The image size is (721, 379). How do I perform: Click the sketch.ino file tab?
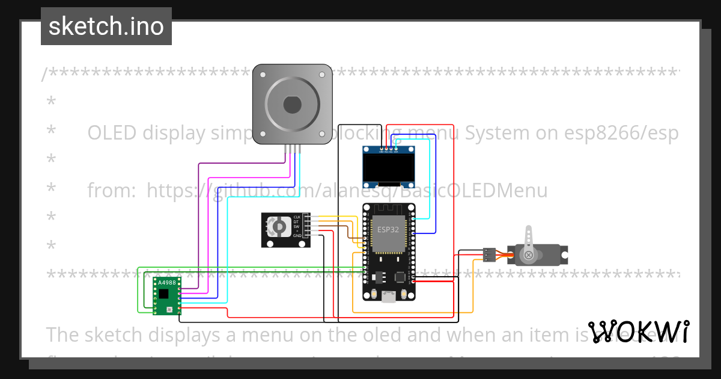[x=106, y=26]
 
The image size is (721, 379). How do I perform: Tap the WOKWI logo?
[x=638, y=331]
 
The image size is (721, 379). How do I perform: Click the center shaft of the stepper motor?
[x=292, y=105]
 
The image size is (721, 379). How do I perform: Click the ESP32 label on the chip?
[x=388, y=230]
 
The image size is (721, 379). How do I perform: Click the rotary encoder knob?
[x=279, y=226]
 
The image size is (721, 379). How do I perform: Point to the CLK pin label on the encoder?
[x=296, y=217]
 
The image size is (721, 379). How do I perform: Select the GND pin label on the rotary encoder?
[x=297, y=236]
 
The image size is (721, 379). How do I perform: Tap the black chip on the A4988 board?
[x=164, y=294]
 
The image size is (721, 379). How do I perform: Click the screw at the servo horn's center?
[x=528, y=255]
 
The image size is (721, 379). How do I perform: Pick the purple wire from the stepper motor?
[x=198, y=229]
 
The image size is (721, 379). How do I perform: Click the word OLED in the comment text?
[x=113, y=132]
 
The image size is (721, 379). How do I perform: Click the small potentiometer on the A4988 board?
[x=169, y=310]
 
